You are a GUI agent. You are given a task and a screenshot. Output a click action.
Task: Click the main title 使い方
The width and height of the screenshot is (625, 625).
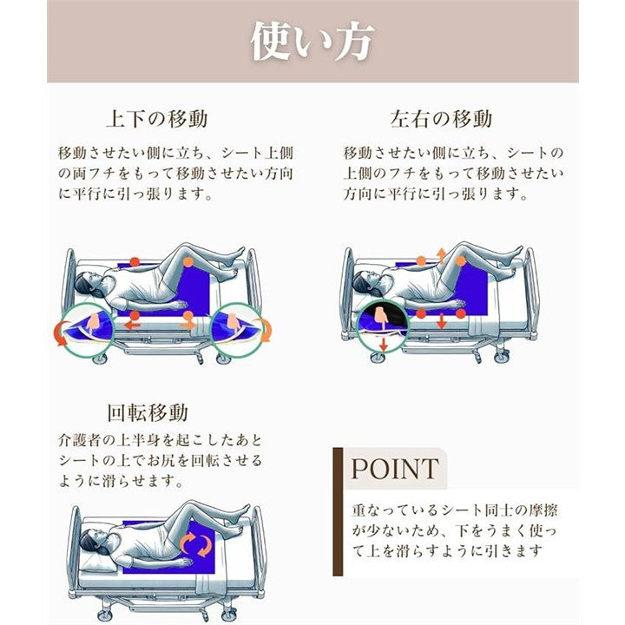(x=312, y=41)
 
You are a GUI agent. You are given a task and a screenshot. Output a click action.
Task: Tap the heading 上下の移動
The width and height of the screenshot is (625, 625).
(x=157, y=119)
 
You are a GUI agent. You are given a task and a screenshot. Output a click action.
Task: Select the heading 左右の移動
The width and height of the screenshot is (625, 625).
(x=441, y=119)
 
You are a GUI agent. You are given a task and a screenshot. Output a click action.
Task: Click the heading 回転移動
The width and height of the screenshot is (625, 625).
(x=148, y=412)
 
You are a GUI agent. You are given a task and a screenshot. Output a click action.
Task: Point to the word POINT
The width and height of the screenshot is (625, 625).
(x=395, y=469)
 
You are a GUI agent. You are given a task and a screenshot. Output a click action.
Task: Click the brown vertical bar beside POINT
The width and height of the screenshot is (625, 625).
(x=338, y=511)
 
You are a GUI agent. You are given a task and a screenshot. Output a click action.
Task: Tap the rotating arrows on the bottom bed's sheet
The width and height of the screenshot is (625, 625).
(x=196, y=545)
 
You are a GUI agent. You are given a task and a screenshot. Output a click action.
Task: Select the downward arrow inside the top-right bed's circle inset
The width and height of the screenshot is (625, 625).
(x=384, y=344)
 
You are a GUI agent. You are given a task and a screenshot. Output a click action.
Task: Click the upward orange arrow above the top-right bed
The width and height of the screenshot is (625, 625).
(x=441, y=255)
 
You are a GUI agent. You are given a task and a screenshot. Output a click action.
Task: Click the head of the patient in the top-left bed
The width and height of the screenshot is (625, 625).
(x=89, y=283)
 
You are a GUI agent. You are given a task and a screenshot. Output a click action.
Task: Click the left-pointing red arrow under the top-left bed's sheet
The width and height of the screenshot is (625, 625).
(x=132, y=326)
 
